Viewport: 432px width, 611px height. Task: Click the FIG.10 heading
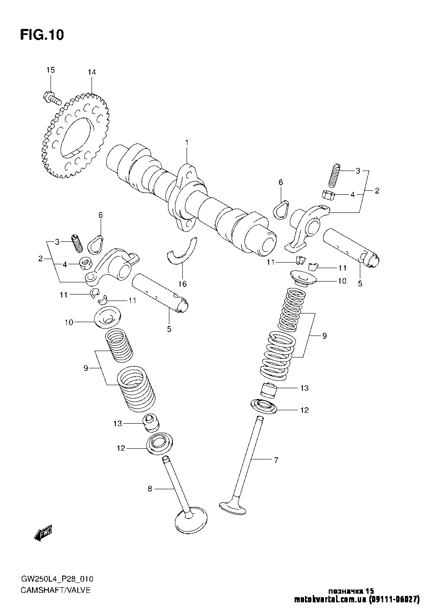(42, 35)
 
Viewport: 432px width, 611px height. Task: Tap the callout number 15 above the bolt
(51, 70)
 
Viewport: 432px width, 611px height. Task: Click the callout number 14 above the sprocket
(92, 72)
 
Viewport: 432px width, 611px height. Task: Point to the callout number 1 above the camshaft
(187, 142)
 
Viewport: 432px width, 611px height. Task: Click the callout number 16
(183, 284)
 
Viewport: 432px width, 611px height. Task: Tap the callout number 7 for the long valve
(276, 460)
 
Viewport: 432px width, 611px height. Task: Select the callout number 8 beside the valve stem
(149, 489)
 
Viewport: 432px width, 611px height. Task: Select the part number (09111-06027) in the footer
(394, 599)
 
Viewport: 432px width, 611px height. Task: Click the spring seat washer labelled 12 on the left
(160, 443)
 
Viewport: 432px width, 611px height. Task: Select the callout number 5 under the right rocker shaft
(360, 284)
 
